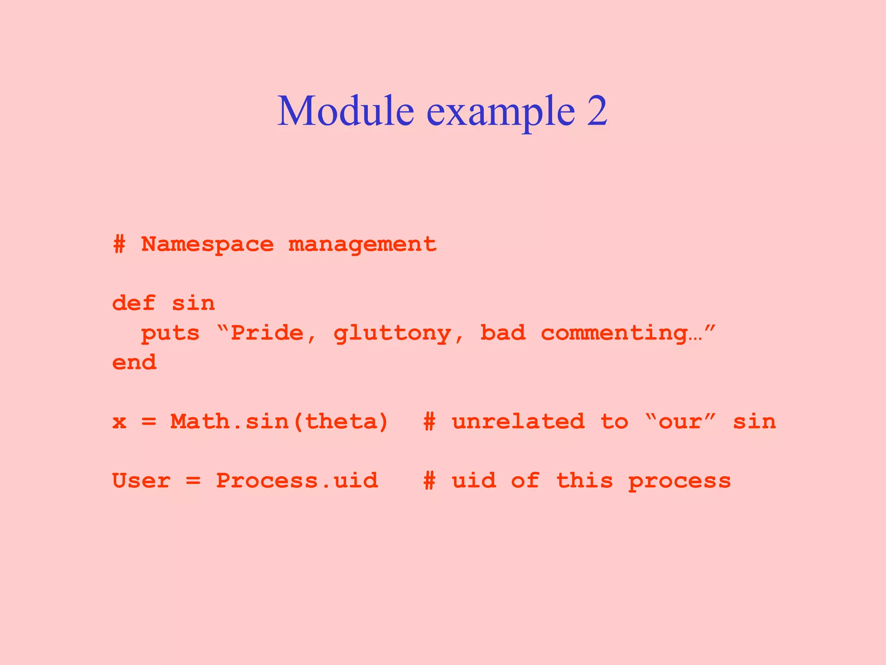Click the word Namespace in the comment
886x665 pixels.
[x=207, y=245]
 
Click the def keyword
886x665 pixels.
[x=133, y=303]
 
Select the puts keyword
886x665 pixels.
[x=170, y=334]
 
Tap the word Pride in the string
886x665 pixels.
[x=267, y=333]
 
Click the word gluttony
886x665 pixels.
[x=392, y=334]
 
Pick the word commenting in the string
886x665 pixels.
[x=614, y=334]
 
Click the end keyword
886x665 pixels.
[x=134, y=362]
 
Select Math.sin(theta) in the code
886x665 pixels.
[x=279, y=422]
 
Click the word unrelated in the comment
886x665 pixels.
[x=518, y=422]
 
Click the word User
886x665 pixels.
[x=141, y=481]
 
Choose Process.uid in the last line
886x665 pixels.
[x=297, y=481]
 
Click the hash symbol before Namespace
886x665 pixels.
[x=119, y=245]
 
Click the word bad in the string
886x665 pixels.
[x=503, y=333]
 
